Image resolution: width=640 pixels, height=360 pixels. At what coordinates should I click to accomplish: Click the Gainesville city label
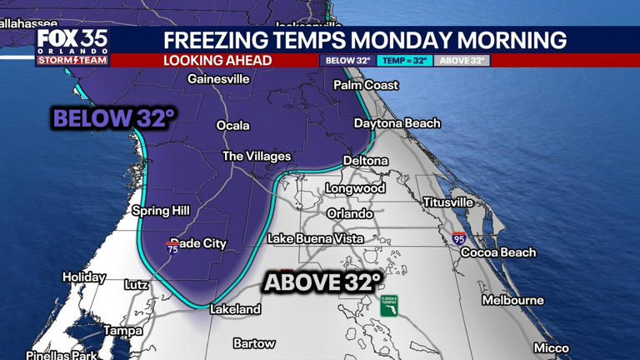(x=218, y=79)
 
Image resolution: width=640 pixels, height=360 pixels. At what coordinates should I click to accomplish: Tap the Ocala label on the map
(x=233, y=126)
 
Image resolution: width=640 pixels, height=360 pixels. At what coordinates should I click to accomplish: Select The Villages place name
(x=257, y=157)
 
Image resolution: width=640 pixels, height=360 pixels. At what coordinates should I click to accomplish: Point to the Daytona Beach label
(x=397, y=123)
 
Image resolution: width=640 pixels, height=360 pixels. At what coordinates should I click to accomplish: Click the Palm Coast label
(x=366, y=85)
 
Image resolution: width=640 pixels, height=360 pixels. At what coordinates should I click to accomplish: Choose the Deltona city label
(x=366, y=160)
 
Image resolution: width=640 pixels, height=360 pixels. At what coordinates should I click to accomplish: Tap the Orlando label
(x=350, y=213)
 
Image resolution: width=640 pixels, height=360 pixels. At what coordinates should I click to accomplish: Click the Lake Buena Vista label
(x=315, y=239)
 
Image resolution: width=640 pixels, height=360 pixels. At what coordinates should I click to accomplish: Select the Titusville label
(x=447, y=202)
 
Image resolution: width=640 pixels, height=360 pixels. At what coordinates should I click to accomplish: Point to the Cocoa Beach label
(x=498, y=252)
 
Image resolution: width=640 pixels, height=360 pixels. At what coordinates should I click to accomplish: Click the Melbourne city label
(x=512, y=300)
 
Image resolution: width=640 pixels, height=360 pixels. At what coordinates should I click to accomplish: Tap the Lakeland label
(x=235, y=309)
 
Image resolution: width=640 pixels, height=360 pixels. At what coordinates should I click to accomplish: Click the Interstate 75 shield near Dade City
(x=172, y=247)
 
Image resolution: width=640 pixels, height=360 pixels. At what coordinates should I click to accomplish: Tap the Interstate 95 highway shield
(x=459, y=238)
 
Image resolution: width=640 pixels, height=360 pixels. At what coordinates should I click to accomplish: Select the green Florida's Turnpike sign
(x=389, y=306)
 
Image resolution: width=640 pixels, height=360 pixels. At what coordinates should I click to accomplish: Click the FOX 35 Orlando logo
(x=72, y=47)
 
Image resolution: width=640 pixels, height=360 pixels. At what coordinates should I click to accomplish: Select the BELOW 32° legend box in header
(x=347, y=61)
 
